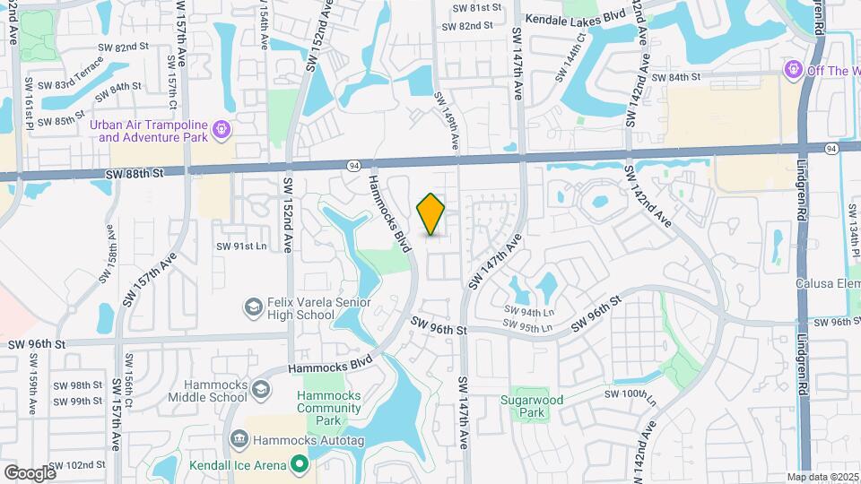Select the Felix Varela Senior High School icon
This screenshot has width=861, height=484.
point(253,308)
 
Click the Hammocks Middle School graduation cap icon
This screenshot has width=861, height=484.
point(260,389)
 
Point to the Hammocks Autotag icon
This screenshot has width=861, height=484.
point(239,439)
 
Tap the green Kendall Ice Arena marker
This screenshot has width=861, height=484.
point(300,464)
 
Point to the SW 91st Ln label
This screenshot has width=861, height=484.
point(242,246)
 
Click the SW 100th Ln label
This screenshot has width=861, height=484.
point(625,393)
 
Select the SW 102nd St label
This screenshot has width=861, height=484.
point(77,465)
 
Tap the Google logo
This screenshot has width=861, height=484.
point(30,472)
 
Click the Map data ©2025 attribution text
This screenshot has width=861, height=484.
point(823,477)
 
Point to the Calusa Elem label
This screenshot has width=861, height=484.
point(828,283)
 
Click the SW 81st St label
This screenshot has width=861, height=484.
point(477,7)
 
